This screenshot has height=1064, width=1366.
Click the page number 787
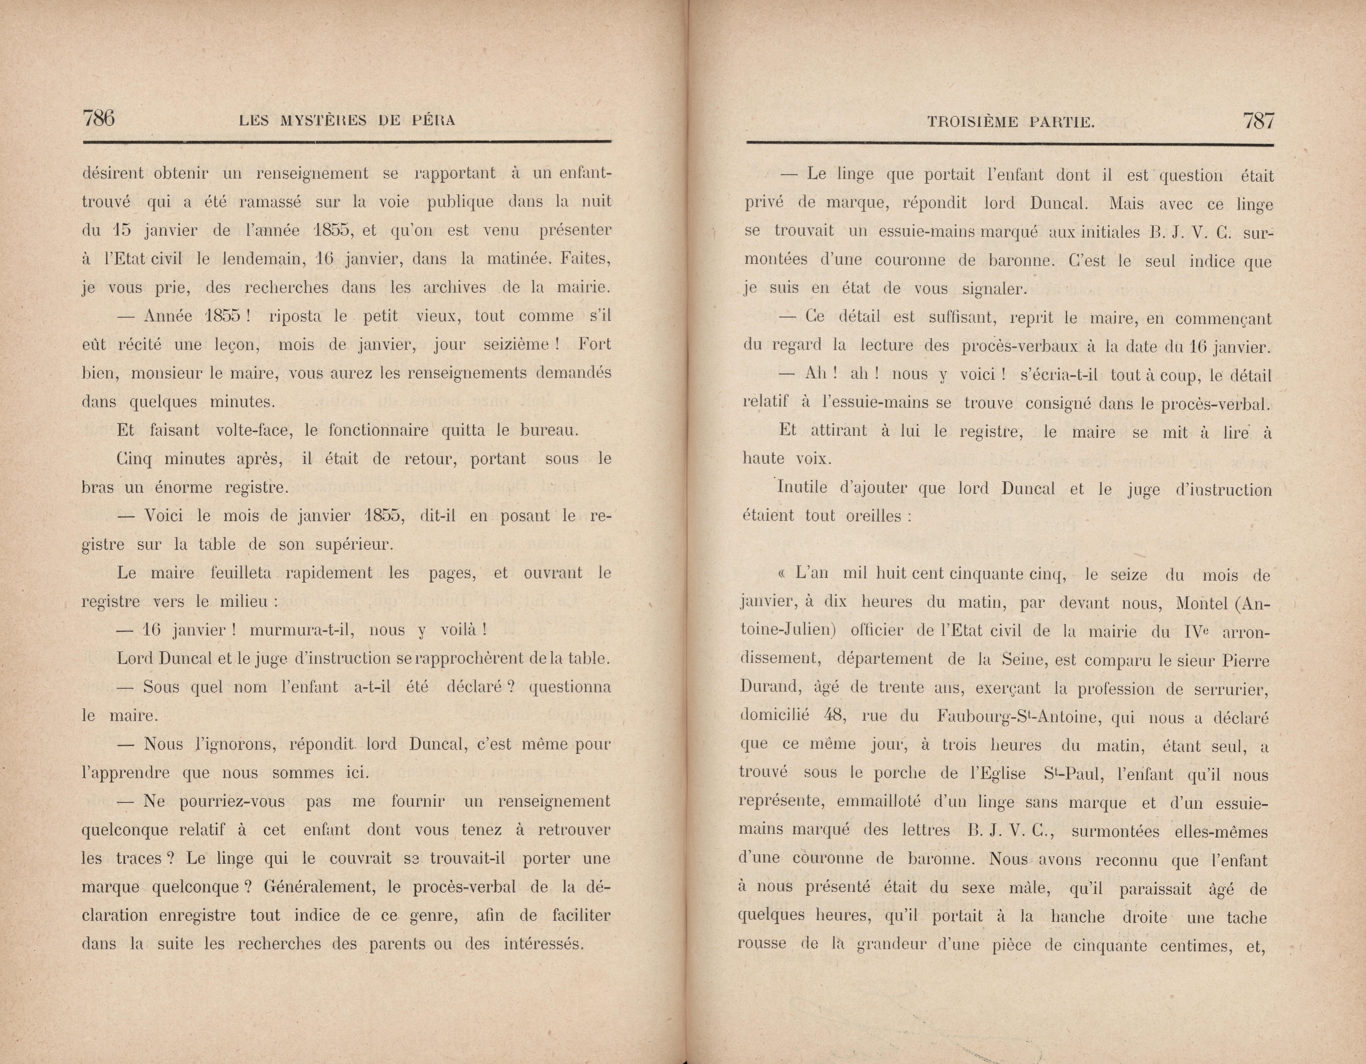[1258, 120]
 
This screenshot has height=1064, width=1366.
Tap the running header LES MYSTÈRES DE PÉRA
[347, 121]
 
